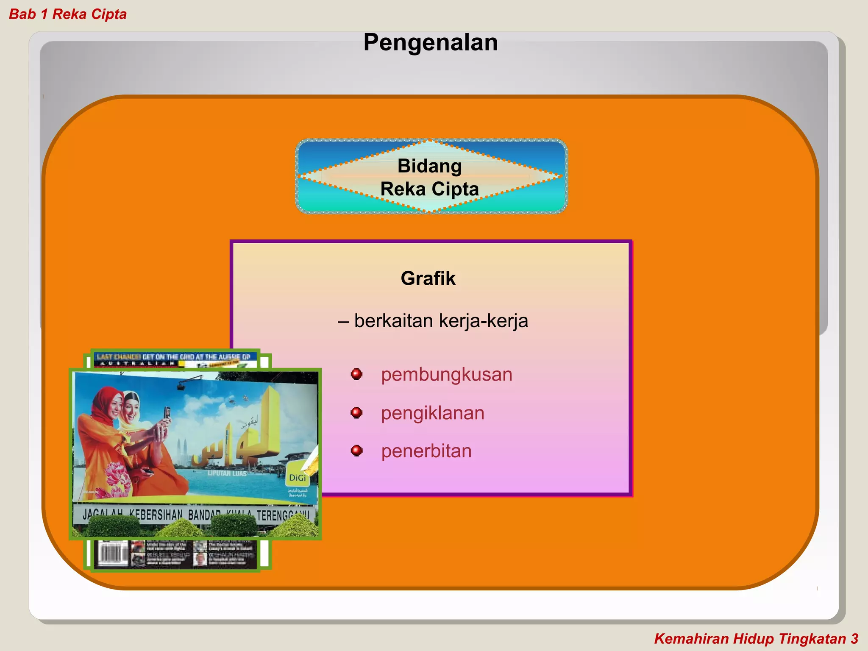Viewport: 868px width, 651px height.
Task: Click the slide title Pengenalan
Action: (x=430, y=42)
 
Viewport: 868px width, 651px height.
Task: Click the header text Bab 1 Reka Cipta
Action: (x=68, y=14)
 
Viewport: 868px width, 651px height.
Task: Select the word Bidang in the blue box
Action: (x=429, y=166)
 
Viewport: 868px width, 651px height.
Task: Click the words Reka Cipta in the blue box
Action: (x=429, y=189)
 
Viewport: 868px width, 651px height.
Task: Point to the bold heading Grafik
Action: (x=428, y=278)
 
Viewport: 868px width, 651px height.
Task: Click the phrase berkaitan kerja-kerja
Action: (x=441, y=321)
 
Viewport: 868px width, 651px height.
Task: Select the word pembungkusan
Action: (x=446, y=375)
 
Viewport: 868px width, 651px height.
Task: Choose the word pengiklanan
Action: (x=432, y=413)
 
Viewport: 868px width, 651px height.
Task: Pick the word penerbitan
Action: (x=426, y=451)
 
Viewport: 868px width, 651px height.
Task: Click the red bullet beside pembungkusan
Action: (x=356, y=374)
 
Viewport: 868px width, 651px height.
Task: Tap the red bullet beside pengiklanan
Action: (x=356, y=412)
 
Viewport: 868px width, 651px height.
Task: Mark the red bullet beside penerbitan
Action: (x=356, y=451)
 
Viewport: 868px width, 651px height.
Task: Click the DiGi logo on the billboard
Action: (x=298, y=478)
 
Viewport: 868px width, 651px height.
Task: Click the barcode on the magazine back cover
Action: (x=113, y=553)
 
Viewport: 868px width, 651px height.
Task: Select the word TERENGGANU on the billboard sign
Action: (x=282, y=516)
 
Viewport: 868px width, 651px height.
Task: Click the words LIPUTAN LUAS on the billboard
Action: (x=227, y=473)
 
